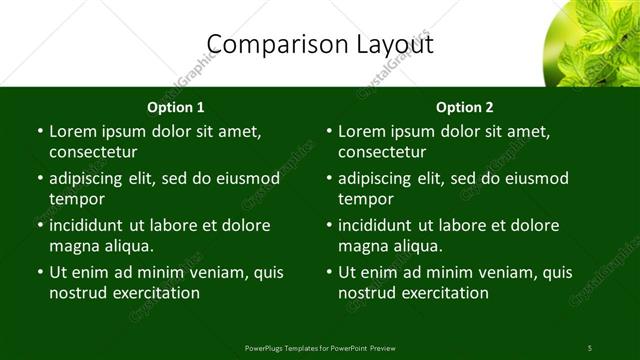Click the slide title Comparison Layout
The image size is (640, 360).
(320, 44)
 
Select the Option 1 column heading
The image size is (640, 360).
(176, 107)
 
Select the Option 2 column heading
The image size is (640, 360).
(465, 107)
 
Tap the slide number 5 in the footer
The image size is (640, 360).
(590, 347)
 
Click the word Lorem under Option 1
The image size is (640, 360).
(72, 131)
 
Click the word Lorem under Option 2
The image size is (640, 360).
(361, 131)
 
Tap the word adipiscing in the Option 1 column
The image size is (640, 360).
(92, 178)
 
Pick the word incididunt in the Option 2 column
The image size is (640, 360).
(381, 225)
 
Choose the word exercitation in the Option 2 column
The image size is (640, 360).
(444, 293)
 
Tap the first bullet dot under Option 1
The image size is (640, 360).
(39, 132)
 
